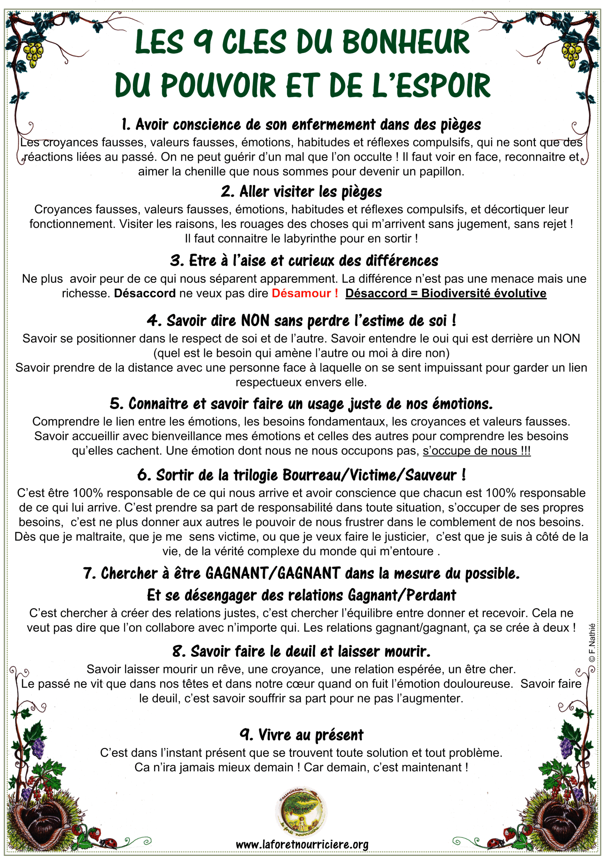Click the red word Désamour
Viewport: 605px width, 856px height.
301,293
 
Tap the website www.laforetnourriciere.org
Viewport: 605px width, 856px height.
302,844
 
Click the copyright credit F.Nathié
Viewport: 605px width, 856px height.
592,643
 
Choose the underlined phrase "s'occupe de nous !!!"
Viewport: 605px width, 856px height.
476,451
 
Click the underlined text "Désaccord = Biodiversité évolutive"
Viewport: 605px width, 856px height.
446,293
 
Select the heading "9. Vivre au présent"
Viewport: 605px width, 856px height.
301,735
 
